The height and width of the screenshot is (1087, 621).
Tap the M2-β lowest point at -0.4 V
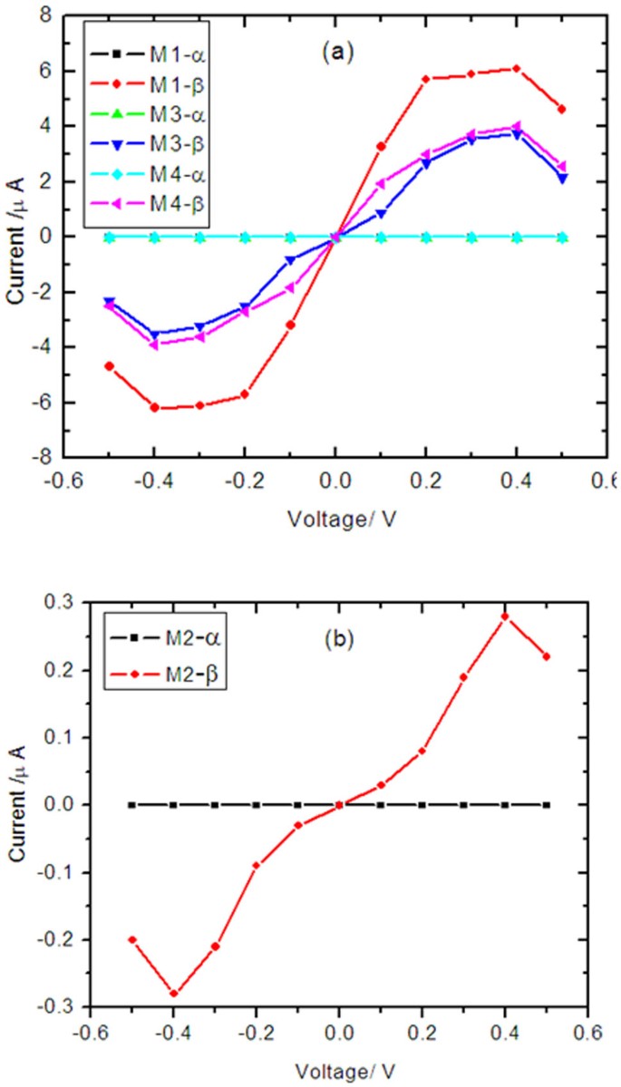(173, 994)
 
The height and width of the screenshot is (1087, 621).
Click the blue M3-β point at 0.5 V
(562, 179)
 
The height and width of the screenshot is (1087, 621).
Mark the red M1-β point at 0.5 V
(562, 109)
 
